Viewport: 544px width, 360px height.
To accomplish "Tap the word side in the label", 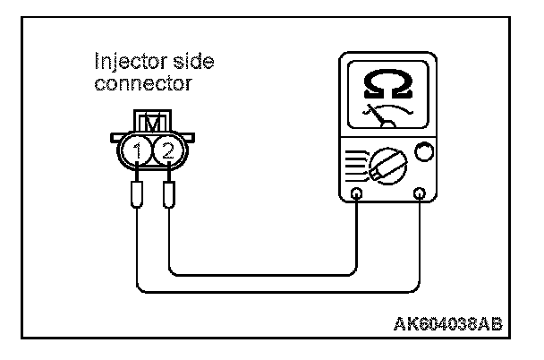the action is [x=192, y=62].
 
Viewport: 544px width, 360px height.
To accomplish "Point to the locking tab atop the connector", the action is [x=151, y=119].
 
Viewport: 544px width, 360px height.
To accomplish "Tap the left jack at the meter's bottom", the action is [x=358, y=193].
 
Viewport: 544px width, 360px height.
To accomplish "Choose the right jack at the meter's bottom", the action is [x=420, y=193].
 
